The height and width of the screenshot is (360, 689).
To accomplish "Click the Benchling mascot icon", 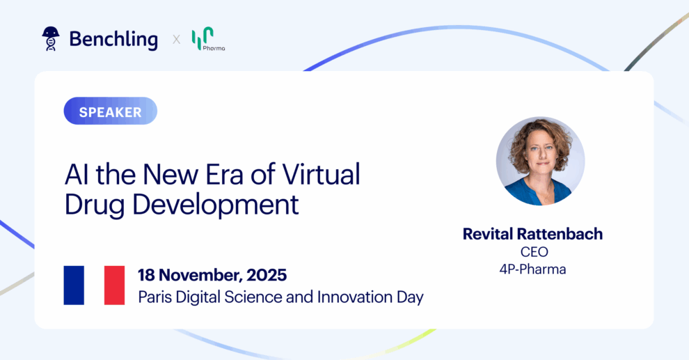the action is tap(51, 39).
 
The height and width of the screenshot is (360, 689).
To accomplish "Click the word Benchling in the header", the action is tap(113, 40).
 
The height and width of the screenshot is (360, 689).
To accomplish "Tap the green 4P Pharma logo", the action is tap(208, 39).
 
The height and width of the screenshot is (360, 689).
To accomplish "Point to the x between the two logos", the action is tap(176, 40).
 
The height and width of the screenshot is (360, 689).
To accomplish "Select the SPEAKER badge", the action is tap(110, 111).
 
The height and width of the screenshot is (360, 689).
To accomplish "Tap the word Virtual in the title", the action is tap(321, 175).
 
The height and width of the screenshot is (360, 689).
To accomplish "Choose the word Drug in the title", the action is tap(94, 205).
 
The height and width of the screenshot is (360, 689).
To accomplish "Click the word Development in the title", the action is tap(215, 205).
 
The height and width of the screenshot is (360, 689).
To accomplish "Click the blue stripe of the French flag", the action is tap(74, 285).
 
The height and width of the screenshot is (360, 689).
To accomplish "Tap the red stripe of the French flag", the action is tap(114, 285).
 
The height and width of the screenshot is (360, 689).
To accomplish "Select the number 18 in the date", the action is tap(146, 276).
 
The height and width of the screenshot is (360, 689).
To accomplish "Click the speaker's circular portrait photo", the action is tap(541, 161).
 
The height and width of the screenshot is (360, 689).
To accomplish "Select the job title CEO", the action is tap(534, 252).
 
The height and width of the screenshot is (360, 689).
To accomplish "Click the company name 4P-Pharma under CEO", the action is tap(532, 269).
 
